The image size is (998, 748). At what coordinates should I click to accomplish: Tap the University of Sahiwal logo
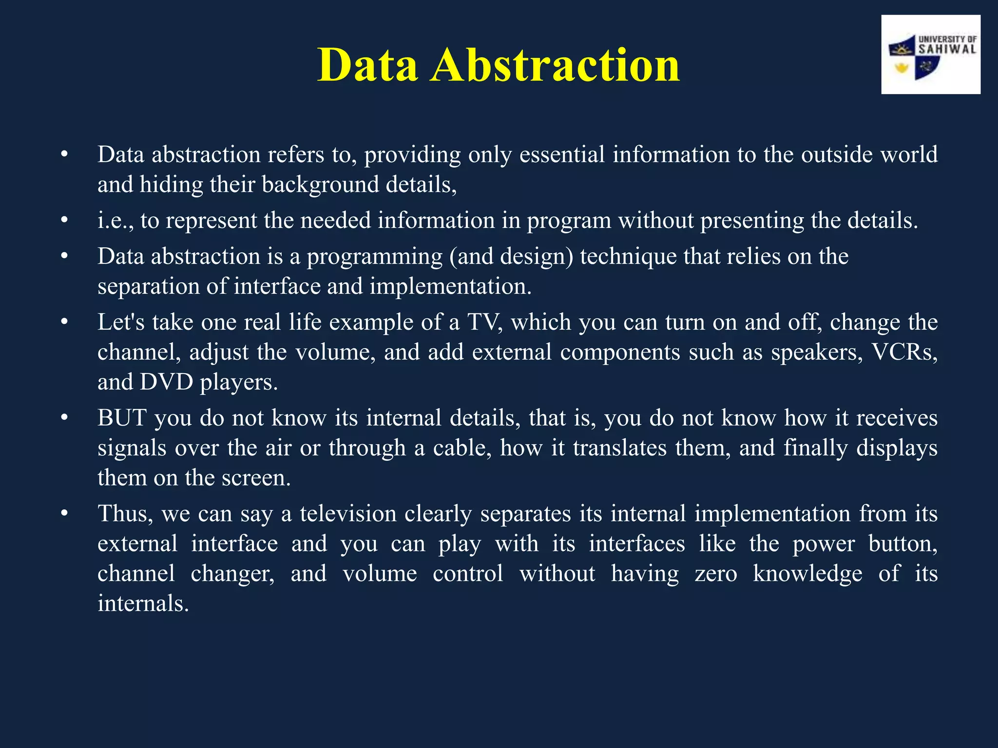(x=930, y=55)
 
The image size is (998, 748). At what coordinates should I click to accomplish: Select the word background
(x=320, y=185)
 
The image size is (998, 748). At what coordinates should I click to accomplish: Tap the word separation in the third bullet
(x=148, y=287)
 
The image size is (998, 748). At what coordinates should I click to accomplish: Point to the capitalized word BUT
(x=122, y=418)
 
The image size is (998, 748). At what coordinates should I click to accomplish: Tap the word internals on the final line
(x=143, y=604)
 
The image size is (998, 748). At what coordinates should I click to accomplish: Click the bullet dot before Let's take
(x=64, y=322)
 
